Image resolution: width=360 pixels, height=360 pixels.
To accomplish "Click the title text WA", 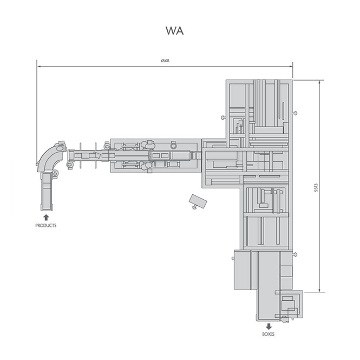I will tap(175, 31).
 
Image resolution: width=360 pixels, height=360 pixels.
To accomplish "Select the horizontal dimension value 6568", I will tap(165, 61).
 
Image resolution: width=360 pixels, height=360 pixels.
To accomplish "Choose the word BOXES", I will tap(269, 335).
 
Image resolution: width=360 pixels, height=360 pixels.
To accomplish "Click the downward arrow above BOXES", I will tap(269, 326).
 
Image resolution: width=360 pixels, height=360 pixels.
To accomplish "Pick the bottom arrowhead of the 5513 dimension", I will tap(320, 290).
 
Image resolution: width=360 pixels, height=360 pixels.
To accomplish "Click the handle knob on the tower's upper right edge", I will tap(296, 112).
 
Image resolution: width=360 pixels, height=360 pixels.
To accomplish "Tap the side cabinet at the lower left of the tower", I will tap(244, 270).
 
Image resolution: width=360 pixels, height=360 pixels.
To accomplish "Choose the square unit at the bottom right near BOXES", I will tap(292, 304).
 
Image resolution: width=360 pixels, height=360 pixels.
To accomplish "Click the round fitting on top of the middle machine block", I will tap(173, 145).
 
